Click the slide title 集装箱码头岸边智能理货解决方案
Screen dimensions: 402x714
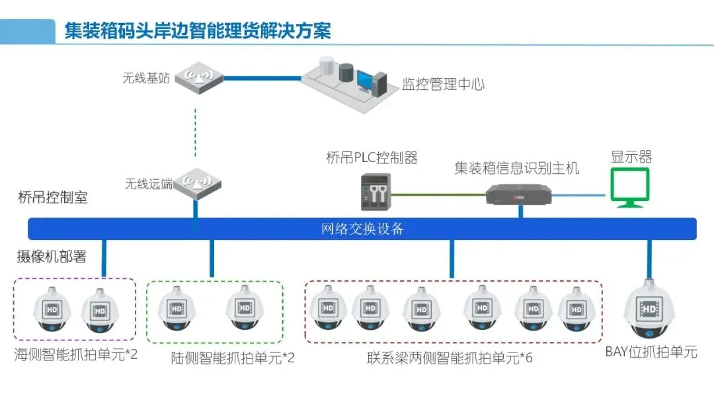[x=197, y=30]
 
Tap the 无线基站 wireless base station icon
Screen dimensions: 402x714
[x=198, y=77]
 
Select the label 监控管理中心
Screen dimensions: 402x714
[x=443, y=85]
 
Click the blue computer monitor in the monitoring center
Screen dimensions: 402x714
[x=366, y=81]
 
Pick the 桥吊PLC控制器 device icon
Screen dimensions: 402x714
[x=376, y=192]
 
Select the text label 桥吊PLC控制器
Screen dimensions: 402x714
[x=372, y=158]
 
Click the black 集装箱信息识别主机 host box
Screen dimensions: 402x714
[x=518, y=194]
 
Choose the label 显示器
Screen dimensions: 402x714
[x=631, y=157]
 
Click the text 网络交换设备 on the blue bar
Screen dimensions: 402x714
[x=362, y=229]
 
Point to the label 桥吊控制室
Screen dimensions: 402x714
[x=53, y=197]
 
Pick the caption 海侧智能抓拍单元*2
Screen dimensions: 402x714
[x=76, y=355]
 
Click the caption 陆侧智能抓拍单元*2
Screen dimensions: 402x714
[x=233, y=358]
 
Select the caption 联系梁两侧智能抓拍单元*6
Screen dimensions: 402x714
[x=450, y=358]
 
